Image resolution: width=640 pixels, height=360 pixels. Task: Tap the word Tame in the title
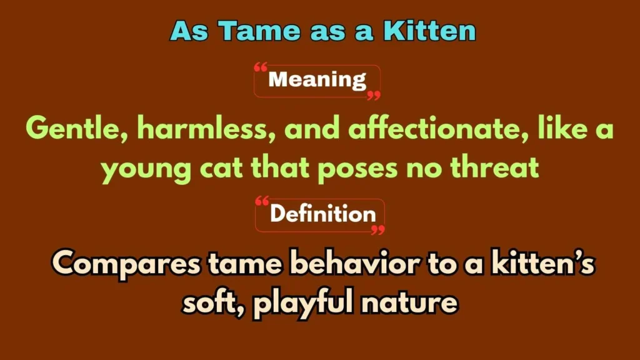(x=249, y=31)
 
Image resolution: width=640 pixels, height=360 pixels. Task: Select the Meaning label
(x=317, y=80)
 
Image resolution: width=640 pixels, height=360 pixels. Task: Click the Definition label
(x=322, y=214)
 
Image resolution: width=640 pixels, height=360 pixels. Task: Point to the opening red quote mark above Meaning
(x=261, y=67)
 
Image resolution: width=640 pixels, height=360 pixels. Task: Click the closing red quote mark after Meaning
(x=373, y=95)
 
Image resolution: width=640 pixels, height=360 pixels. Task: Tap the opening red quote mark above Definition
(x=263, y=201)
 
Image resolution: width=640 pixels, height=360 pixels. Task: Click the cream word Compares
(x=125, y=265)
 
